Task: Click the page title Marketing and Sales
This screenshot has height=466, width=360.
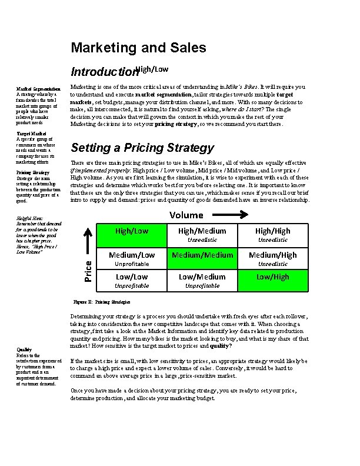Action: coord(138,48)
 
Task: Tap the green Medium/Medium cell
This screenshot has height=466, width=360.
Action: coord(202,255)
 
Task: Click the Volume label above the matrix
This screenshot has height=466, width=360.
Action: coord(186,215)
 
